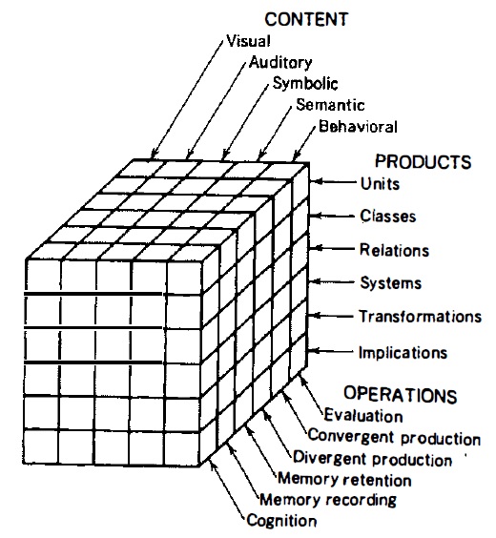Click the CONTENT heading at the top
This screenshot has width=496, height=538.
[x=306, y=19]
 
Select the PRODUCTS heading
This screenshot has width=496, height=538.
[x=423, y=161]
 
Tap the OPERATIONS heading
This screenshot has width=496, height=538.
[x=401, y=394]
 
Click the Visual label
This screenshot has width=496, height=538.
[x=249, y=41]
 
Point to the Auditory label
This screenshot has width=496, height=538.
[x=280, y=63]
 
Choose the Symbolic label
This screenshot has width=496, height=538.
[x=305, y=83]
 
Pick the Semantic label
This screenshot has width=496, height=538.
[x=330, y=105]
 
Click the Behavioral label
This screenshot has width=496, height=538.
[x=358, y=126]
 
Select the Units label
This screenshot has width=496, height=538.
[x=380, y=184]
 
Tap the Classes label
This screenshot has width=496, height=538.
[x=388, y=217]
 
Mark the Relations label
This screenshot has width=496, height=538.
[x=395, y=250]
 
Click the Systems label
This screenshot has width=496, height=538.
[x=391, y=283]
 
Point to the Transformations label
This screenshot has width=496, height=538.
[x=421, y=317]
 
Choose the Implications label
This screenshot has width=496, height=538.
[x=403, y=353]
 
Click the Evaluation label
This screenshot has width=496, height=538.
[x=363, y=415]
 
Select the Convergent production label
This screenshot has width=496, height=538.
[x=394, y=437]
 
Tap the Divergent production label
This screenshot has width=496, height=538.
[x=373, y=459]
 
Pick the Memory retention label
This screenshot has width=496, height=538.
[x=344, y=479]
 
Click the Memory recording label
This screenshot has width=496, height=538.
[x=328, y=500]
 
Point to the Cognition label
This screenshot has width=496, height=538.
[x=281, y=521]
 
